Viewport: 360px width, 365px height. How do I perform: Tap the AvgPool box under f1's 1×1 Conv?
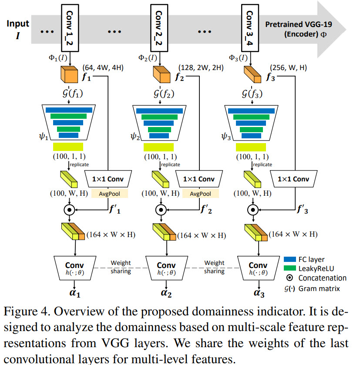109,194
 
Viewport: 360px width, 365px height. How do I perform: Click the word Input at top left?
17,24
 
